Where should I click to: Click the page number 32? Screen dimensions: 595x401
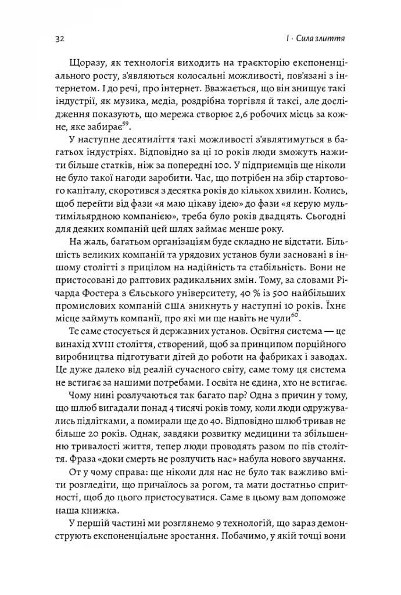tap(59, 39)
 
